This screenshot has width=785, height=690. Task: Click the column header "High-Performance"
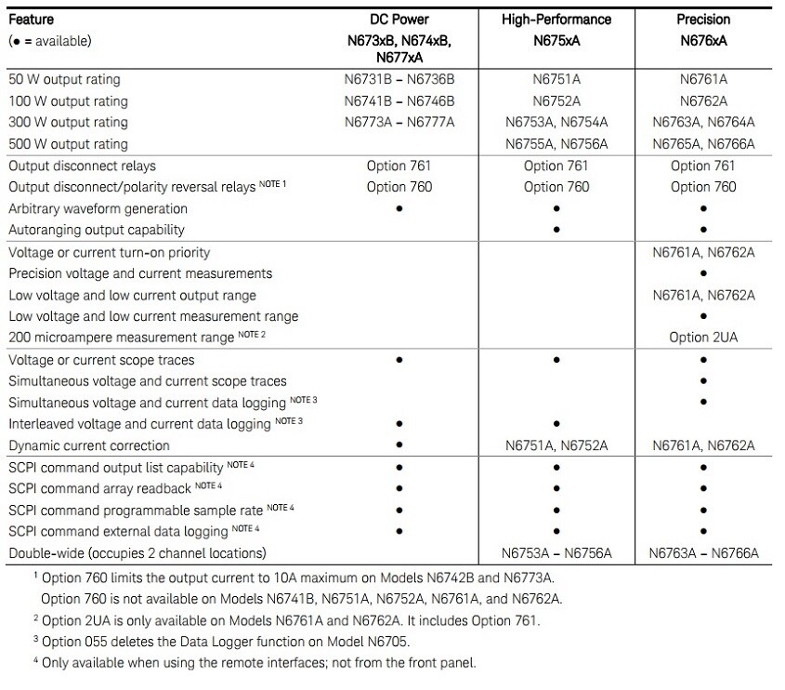click(x=556, y=20)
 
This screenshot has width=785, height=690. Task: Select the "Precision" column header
click(x=702, y=20)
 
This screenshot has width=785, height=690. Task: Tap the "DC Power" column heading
click(x=399, y=20)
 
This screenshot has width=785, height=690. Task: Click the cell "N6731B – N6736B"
click(x=399, y=80)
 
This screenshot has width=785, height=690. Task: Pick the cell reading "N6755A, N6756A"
click(x=556, y=144)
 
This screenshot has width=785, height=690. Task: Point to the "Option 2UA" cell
click(x=702, y=338)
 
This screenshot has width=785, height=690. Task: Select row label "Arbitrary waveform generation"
click(x=98, y=209)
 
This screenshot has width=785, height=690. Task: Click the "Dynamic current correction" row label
click(x=89, y=445)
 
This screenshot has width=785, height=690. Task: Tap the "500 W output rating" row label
click(x=68, y=144)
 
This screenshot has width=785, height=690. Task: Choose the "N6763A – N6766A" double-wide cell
click(x=702, y=553)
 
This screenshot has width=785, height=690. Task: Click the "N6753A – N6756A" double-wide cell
click(x=556, y=553)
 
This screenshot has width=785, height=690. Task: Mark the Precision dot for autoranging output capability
click(x=703, y=231)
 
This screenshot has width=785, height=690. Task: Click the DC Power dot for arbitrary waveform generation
click(x=399, y=209)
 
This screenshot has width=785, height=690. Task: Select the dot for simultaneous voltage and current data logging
click(x=703, y=403)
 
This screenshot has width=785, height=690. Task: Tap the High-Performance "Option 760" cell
click(x=556, y=187)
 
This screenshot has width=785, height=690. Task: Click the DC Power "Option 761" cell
click(x=399, y=166)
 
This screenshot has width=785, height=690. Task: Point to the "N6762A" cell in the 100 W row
click(x=702, y=101)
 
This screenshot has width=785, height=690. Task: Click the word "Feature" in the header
click(x=31, y=20)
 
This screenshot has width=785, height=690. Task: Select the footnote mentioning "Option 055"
click(x=229, y=641)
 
